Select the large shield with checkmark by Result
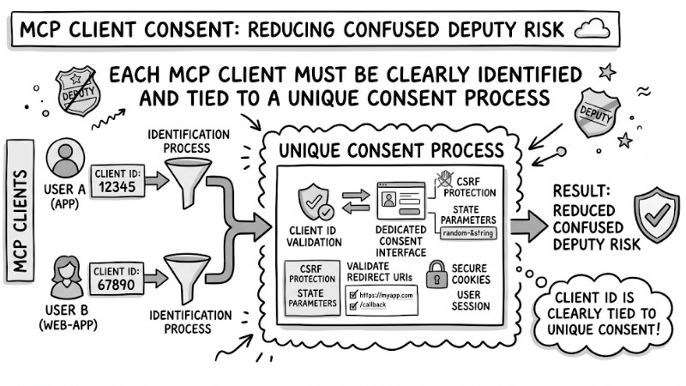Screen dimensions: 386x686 656,215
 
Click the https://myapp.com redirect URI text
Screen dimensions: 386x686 388,294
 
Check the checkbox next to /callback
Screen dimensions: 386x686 354,305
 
